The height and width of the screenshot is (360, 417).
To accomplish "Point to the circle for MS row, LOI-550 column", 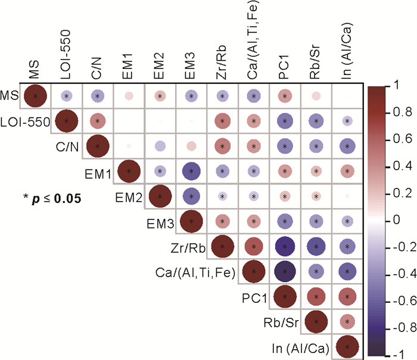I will pyautogui.click(x=67, y=96).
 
